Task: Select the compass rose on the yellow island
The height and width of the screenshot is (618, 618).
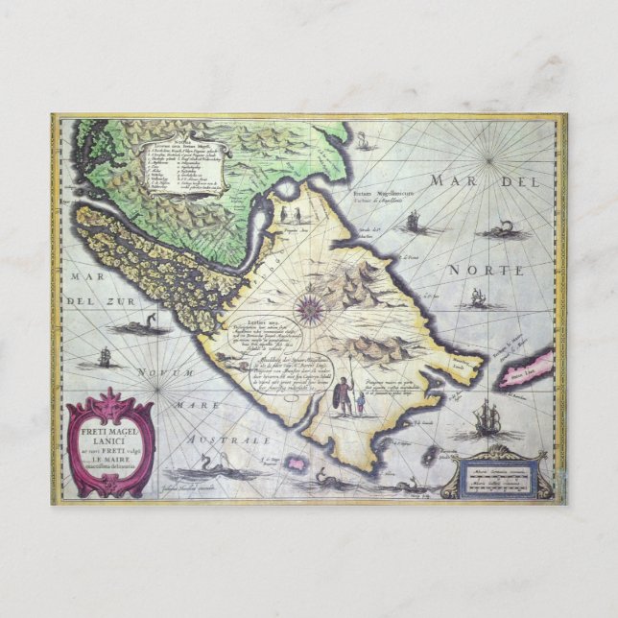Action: point(310,309)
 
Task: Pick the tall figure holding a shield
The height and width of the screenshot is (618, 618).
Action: point(343,395)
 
